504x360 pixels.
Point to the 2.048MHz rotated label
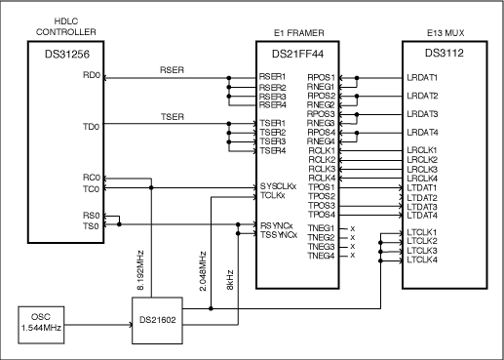202,263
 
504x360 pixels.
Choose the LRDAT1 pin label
422,77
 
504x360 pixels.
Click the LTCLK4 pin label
422,260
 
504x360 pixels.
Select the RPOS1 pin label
322,76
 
